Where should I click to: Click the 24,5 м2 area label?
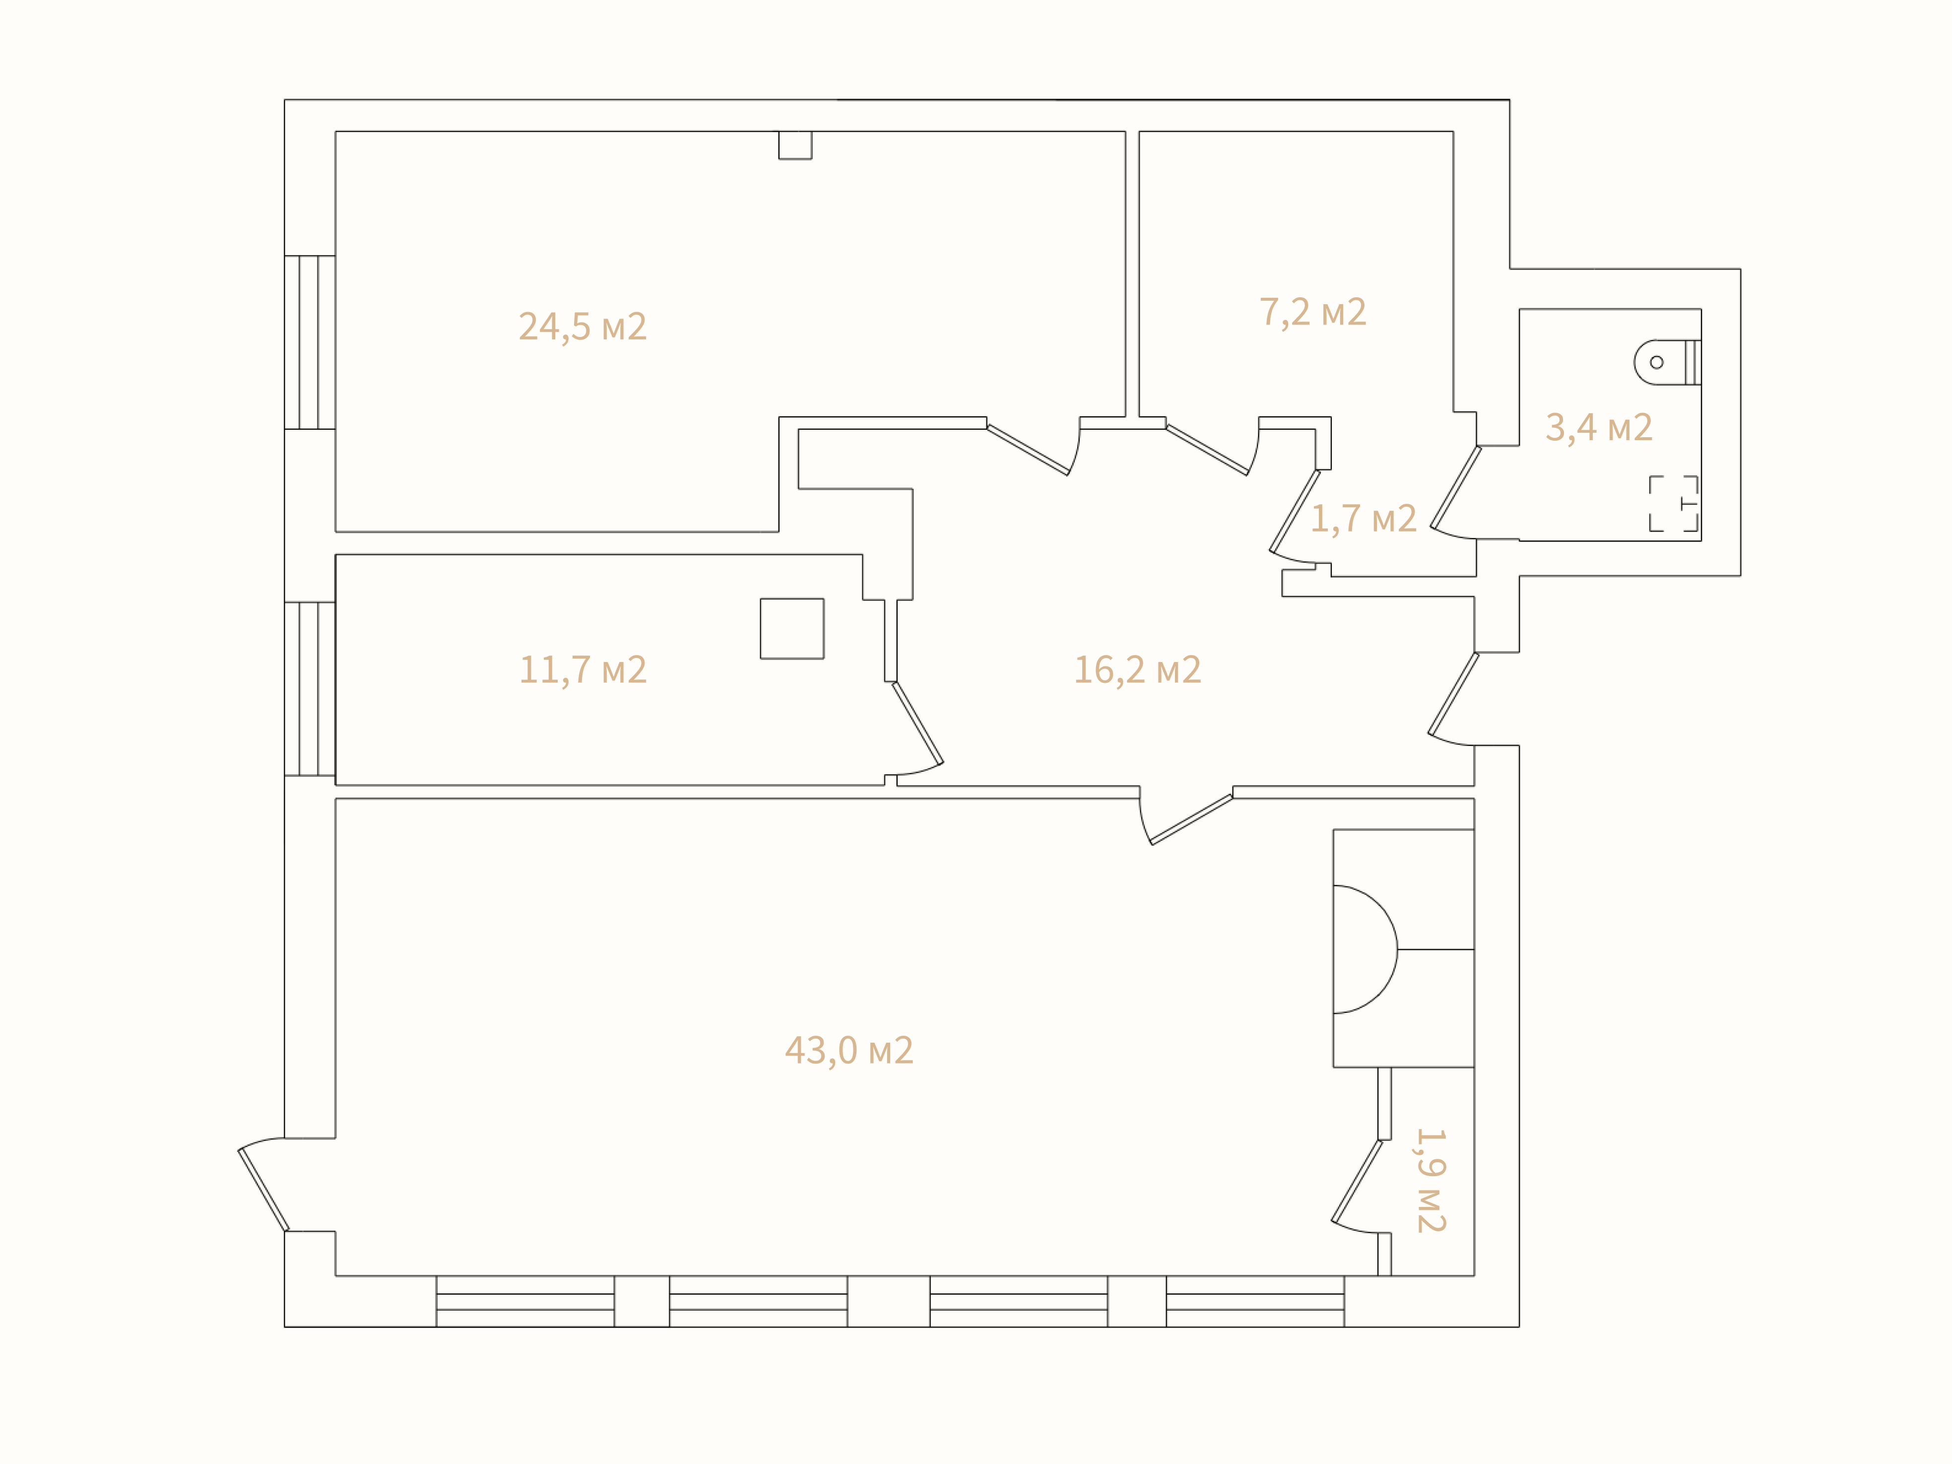[x=583, y=327]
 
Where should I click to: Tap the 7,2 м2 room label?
[x=1313, y=312]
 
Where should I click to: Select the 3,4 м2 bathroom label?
[x=1599, y=427]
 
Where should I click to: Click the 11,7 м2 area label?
[x=583, y=670]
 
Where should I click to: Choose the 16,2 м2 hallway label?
[x=1137, y=670]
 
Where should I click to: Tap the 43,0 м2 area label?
[x=849, y=1050]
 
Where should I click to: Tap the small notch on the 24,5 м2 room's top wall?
[x=795, y=145]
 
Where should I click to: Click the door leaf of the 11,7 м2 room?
[x=918, y=723]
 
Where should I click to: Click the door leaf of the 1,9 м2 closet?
[x=1357, y=1181]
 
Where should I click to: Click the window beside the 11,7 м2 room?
[x=310, y=689]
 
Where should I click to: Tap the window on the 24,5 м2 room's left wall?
[x=310, y=342]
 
